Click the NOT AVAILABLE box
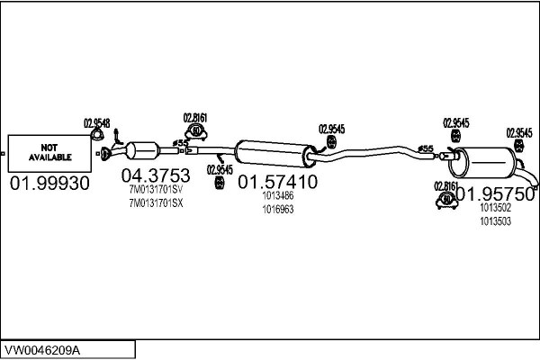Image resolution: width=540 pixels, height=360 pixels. [x=49, y=153]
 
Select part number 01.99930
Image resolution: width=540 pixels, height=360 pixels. [x=49, y=184]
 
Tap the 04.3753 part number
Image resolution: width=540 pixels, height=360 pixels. [x=156, y=175]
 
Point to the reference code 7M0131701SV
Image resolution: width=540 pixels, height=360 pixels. [x=156, y=190]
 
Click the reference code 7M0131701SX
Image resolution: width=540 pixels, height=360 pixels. [x=156, y=203]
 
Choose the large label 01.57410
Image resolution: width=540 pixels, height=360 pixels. [x=277, y=182]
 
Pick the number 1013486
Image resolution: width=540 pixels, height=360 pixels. [x=278, y=195]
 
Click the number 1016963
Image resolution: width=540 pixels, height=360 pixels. [x=278, y=209]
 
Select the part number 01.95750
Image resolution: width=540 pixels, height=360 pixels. [x=495, y=194]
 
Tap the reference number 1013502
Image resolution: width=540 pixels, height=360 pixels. [x=496, y=208]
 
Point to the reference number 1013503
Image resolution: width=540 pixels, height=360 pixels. [x=496, y=221]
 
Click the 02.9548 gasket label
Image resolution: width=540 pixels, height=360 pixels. [x=97, y=123]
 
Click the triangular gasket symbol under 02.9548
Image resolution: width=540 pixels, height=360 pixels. [x=97, y=135]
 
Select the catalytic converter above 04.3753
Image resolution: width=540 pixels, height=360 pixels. [x=143, y=150]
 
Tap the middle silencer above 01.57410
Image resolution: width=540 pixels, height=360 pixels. [x=275, y=154]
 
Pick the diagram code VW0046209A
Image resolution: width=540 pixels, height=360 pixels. [x=42, y=351]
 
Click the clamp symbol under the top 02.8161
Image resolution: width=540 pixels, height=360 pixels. [x=195, y=132]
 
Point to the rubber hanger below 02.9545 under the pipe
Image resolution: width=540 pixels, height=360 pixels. [x=219, y=183]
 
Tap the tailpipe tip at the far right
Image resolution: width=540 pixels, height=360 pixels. [x=535, y=186]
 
